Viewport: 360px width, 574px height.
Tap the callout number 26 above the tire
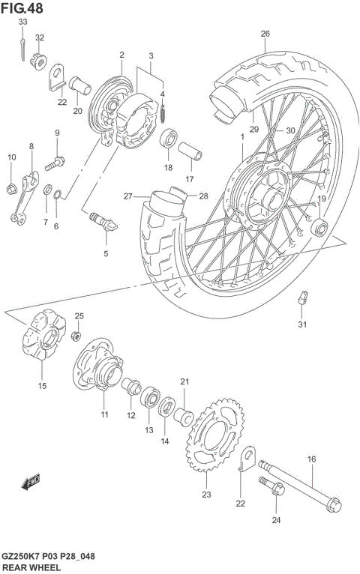coord(265,34)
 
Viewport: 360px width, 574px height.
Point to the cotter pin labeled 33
coord(25,49)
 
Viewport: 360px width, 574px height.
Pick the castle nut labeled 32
coord(37,60)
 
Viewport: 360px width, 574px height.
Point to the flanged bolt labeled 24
coord(273,490)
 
